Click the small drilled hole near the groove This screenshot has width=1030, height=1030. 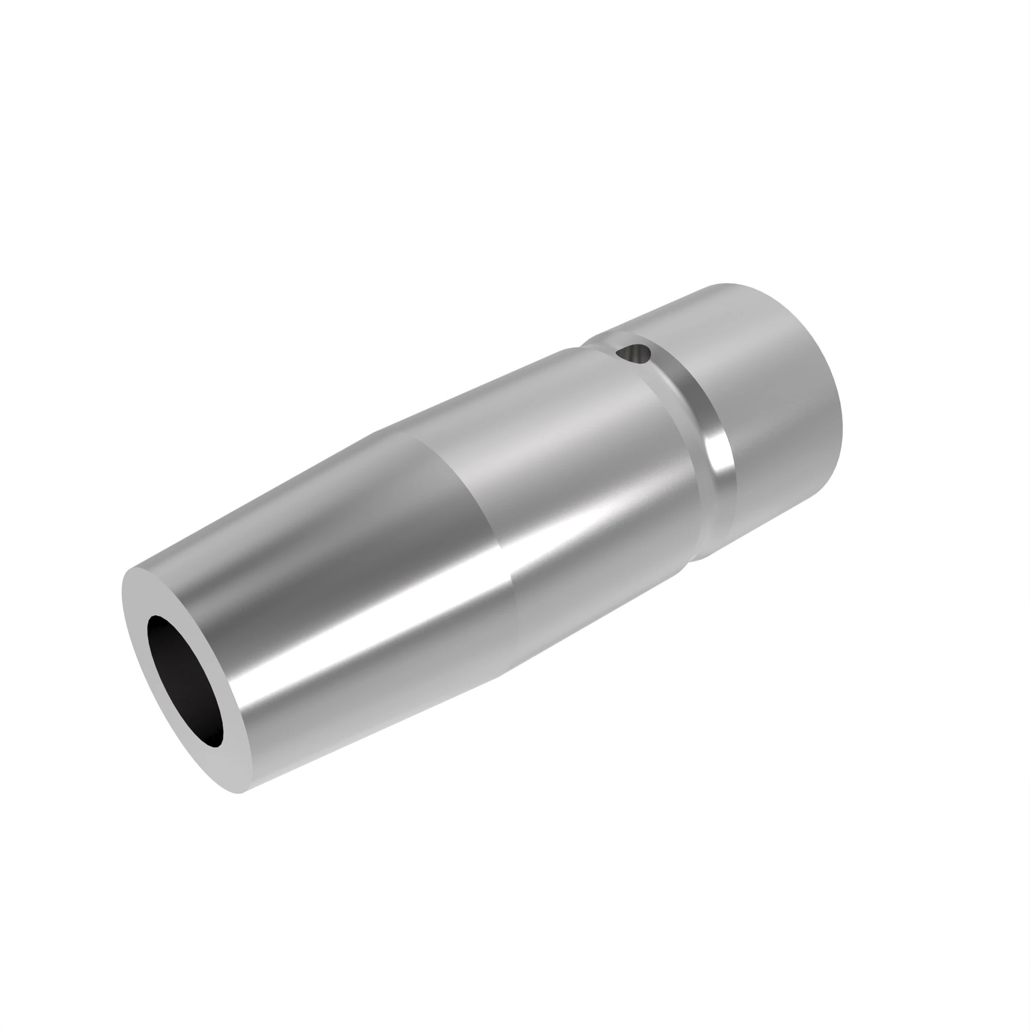pyautogui.click(x=633, y=353)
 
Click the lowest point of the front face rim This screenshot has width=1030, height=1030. pyautogui.click(x=240, y=792)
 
